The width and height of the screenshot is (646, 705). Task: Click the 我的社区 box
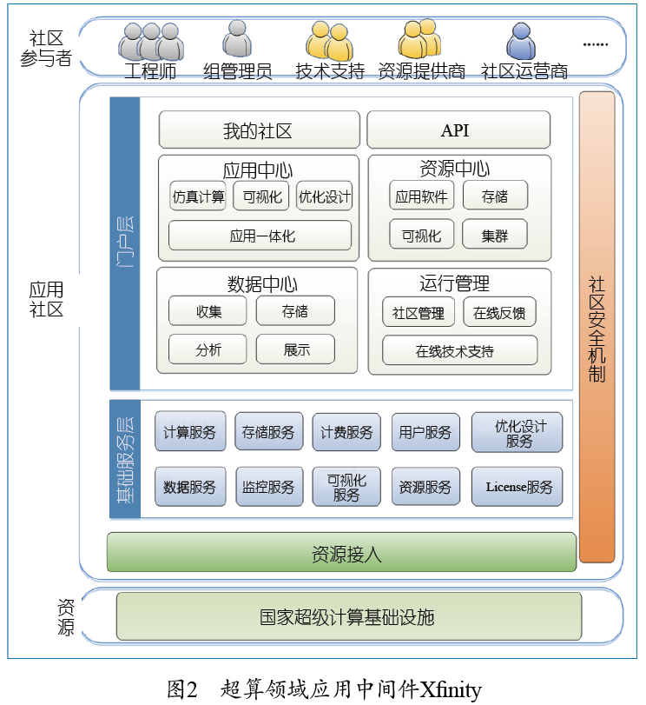(x=259, y=130)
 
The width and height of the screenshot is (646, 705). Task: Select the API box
(x=458, y=130)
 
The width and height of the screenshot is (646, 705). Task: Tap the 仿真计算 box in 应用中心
(x=198, y=196)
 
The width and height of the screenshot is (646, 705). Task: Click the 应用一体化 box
(x=260, y=236)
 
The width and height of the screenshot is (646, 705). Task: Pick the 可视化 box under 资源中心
(x=421, y=235)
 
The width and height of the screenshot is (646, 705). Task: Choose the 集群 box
(x=495, y=235)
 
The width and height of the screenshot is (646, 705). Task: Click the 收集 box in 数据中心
(x=208, y=311)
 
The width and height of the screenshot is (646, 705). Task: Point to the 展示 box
(x=295, y=349)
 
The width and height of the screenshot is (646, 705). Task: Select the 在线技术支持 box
(x=459, y=350)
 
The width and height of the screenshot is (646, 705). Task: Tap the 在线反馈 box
(x=499, y=312)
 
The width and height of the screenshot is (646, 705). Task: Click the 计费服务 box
(x=346, y=432)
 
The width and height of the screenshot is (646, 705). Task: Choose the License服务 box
(x=517, y=487)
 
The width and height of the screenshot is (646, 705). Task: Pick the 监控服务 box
(x=268, y=487)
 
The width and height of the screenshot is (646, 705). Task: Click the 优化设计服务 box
(x=517, y=432)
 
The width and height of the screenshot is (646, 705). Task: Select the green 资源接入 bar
(x=341, y=552)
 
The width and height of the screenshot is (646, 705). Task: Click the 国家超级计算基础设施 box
(x=348, y=617)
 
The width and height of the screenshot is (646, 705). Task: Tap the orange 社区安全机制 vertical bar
(x=597, y=327)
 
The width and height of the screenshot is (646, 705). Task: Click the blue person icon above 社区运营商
(x=521, y=41)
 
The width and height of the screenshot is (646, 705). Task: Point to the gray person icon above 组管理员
(x=237, y=39)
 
